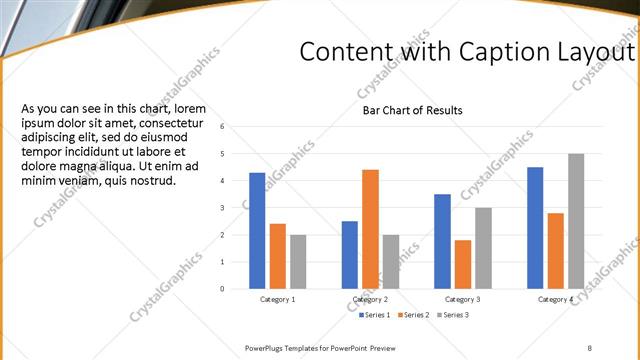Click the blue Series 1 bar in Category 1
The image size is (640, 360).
(x=257, y=230)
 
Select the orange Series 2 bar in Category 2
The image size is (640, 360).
(x=370, y=229)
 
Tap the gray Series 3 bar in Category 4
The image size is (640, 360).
(x=576, y=221)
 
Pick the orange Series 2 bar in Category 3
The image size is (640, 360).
(x=462, y=264)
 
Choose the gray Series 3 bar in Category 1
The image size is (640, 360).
(x=298, y=261)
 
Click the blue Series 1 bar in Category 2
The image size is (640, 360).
(x=349, y=254)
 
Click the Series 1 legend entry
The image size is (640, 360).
(x=376, y=315)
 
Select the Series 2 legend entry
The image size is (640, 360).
(x=415, y=315)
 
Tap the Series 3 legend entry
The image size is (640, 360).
(x=453, y=315)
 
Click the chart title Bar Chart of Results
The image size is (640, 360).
(x=413, y=110)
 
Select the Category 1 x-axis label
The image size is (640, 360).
(x=277, y=299)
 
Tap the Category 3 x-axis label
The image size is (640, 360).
(x=462, y=299)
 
